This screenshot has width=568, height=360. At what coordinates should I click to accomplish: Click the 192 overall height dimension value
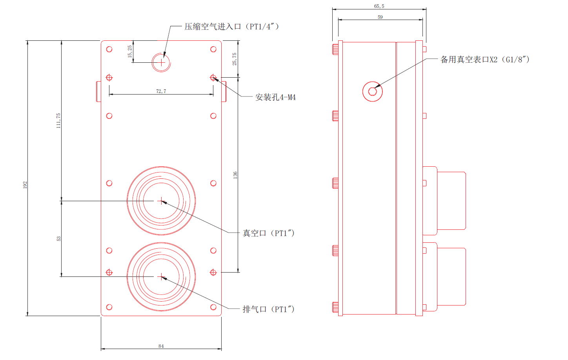pyautogui.click(x=25, y=185)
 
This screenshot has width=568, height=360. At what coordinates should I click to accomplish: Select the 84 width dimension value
pyautogui.click(x=161, y=346)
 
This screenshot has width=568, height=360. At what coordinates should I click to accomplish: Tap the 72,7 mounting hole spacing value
pyautogui.click(x=161, y=91)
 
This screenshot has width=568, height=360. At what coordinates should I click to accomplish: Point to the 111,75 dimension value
pyautogui.click(x=58, y=120)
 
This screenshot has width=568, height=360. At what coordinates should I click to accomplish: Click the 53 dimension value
pyautogui.click(x=58, y=238)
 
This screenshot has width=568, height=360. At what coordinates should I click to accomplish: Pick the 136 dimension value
pyautogui.click(x=235, y=175)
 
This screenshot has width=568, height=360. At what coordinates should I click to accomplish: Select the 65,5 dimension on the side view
pyautogui.click(x=379, y=6)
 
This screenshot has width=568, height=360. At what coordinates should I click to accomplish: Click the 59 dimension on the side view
pyautogui.click(x=380, y=17)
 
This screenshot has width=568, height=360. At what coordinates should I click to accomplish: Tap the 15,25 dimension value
pyautogui.click(x=130, y=51)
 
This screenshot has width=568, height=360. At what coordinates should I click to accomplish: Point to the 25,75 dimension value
pyautogui.click(x=235, y=59)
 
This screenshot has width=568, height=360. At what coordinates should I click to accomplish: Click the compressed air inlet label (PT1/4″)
pyautogui.click(x=231, y=27)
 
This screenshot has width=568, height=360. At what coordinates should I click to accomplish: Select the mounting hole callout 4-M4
pyautogui.click(x=275, y=97)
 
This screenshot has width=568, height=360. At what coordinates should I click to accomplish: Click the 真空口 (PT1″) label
pyautogui.click(x=268, y=233)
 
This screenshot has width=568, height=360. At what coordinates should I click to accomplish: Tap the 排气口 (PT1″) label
pyautogui.click(x=268, y=309)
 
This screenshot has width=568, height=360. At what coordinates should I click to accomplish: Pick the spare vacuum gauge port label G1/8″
pyautogui.click(x=485, y=60)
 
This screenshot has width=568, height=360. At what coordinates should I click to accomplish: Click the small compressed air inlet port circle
pyautogui.click(x=161, y=62)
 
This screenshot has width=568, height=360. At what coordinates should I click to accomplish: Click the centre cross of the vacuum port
pyautogui.click(x=161, y=201)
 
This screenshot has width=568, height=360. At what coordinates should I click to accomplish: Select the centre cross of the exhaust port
pyautogui.click(x=161, y=276)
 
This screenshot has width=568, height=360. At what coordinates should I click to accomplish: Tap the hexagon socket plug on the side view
pyautogui.click(x=372, y=92)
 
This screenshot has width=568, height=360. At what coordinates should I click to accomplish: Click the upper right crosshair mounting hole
pyautogui.click(x=213, y=78)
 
